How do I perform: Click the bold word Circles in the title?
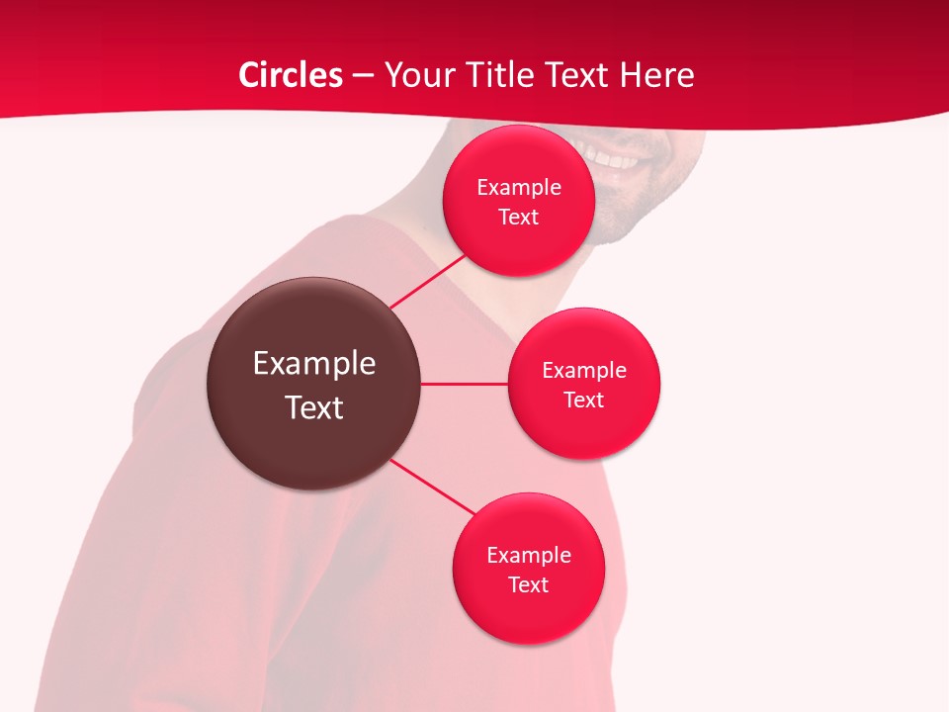click(x=291, y=75)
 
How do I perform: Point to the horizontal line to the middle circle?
click(x=465, y=384)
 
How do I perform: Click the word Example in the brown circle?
click(x=314, y=364)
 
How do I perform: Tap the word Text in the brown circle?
click(x=314, y=407)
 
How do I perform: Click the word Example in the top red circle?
click(x=519, y=188)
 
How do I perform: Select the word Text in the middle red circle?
click(x=584, y=400)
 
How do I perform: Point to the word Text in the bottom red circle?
click(x=528, y=584)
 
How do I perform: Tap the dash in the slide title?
click(x=363, y=76)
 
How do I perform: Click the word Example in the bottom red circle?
click(x=528, y=555)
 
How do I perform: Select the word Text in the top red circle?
click(x=519, y=218)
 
